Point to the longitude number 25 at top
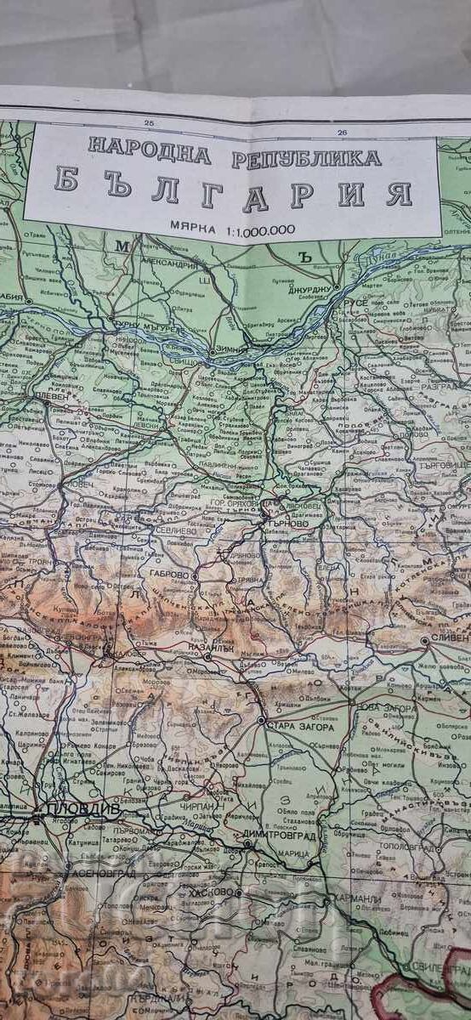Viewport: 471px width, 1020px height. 150,124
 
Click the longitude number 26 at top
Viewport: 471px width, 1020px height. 342,132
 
